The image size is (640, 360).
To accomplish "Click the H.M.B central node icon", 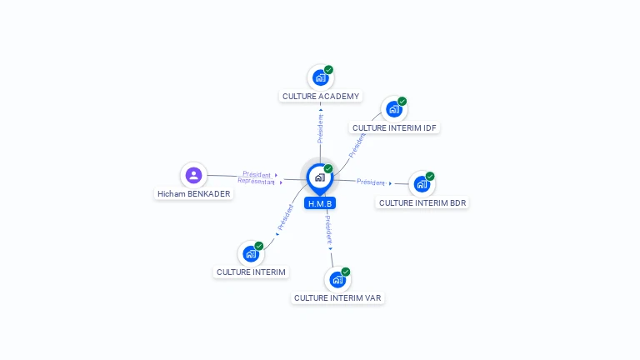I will [319, 177].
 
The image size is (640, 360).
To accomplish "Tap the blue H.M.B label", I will [320, 203].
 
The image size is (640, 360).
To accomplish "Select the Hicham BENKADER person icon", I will [193, 175].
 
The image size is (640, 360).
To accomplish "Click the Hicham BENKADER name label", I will [194, 193].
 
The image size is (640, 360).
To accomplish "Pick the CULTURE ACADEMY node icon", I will [320, 77].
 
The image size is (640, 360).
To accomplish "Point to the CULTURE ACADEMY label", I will [321, 96].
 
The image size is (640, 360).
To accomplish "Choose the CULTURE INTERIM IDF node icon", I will [393, 109].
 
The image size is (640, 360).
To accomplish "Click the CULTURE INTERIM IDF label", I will [394, 127].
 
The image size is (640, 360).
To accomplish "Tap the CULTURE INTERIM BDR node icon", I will [422, 183].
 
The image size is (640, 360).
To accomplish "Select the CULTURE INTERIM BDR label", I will [422, 202].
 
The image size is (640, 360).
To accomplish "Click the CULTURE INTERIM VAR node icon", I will [337, 279].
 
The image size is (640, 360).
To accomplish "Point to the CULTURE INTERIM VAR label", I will [338, 297].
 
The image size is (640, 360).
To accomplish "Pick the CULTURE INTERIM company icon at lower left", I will [251, 253].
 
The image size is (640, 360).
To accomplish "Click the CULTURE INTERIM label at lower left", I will [251, 272].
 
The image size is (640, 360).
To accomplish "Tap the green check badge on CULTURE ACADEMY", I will [329, 70].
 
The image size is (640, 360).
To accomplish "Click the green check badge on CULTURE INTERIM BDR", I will [430, 176].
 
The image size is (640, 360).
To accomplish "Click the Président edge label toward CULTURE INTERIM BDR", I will [371, 182].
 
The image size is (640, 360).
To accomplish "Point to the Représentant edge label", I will [255, 181].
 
